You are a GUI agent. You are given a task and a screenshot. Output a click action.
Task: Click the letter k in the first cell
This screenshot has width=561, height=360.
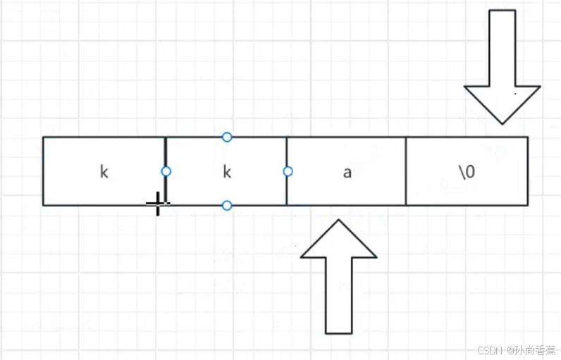pyautogui.click(x=104, y=172)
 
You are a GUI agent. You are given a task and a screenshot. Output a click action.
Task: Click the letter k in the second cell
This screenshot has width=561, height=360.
pyautogui.click(x=227, y=172)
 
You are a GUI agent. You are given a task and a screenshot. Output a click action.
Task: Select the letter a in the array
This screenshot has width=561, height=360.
pyautogui.click(x=347, y=172)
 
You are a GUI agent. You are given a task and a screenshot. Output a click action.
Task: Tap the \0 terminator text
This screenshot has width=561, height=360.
pyautogui.click(x=467, y=172)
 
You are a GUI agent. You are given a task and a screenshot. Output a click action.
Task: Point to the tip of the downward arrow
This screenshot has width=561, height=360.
pyautogui.click(x=502, y=123)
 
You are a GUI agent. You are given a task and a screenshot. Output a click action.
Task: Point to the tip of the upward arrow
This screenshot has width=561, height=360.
pyautogui.click(x=338, y=220)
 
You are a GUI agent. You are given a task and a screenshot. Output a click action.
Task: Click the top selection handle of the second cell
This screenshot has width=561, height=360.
pyautogui.click(x=227, y=137)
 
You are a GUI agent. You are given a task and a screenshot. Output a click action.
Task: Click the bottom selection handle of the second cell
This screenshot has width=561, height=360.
pyautogui.click(x=227, y=205)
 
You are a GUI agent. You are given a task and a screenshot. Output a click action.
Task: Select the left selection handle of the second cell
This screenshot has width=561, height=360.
pyautogui.click(x=166, y=171)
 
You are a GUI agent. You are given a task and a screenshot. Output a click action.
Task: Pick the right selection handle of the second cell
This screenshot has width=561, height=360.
pyautogui.click(x=288, y=171)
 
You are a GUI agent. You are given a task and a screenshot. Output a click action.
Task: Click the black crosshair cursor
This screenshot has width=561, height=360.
pyautogui.click(x=157, y=204)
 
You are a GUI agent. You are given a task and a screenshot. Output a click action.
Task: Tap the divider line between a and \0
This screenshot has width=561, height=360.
pyautogui.click(x=406, y=171)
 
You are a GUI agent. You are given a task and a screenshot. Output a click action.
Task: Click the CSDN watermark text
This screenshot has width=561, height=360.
pyautogui.click(x=488, y=350)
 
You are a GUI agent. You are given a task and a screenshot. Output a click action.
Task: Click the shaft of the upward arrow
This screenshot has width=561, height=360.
pyautogui.click(x=338, y=296)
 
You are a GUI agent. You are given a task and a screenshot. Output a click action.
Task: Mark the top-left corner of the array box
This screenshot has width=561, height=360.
pyautogui.click(x=43, y=137)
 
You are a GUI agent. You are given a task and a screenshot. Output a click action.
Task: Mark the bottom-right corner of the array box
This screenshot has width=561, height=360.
pyautogui.click(x=527, y=205)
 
